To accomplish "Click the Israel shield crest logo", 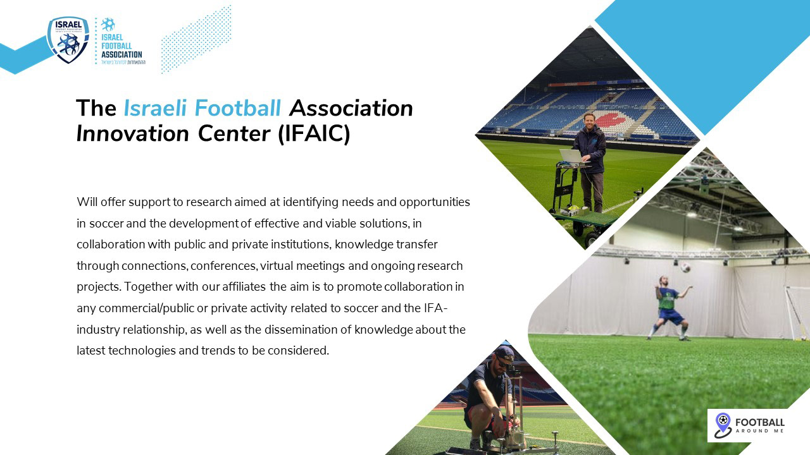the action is tap(68, 40).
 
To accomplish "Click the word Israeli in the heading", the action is tap(155, 108).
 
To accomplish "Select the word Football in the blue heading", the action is tap(237, 108).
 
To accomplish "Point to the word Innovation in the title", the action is tap(133, 133).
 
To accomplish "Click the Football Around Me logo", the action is tap(749, 425).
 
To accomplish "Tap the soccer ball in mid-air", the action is tap(685, 267).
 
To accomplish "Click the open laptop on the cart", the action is tap(572, 157).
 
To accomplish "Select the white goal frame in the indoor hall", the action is tap(797, 312).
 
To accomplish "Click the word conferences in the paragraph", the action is tap(223, 266).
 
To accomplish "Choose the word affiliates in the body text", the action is tap(244, 287).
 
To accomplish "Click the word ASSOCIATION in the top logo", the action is tap(121, 54).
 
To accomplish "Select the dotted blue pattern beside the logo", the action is tap(196, 39).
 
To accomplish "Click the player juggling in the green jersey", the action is tap(669, 308).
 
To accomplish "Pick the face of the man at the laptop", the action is tap(589, 119).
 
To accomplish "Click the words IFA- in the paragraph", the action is tap(436, 308).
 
